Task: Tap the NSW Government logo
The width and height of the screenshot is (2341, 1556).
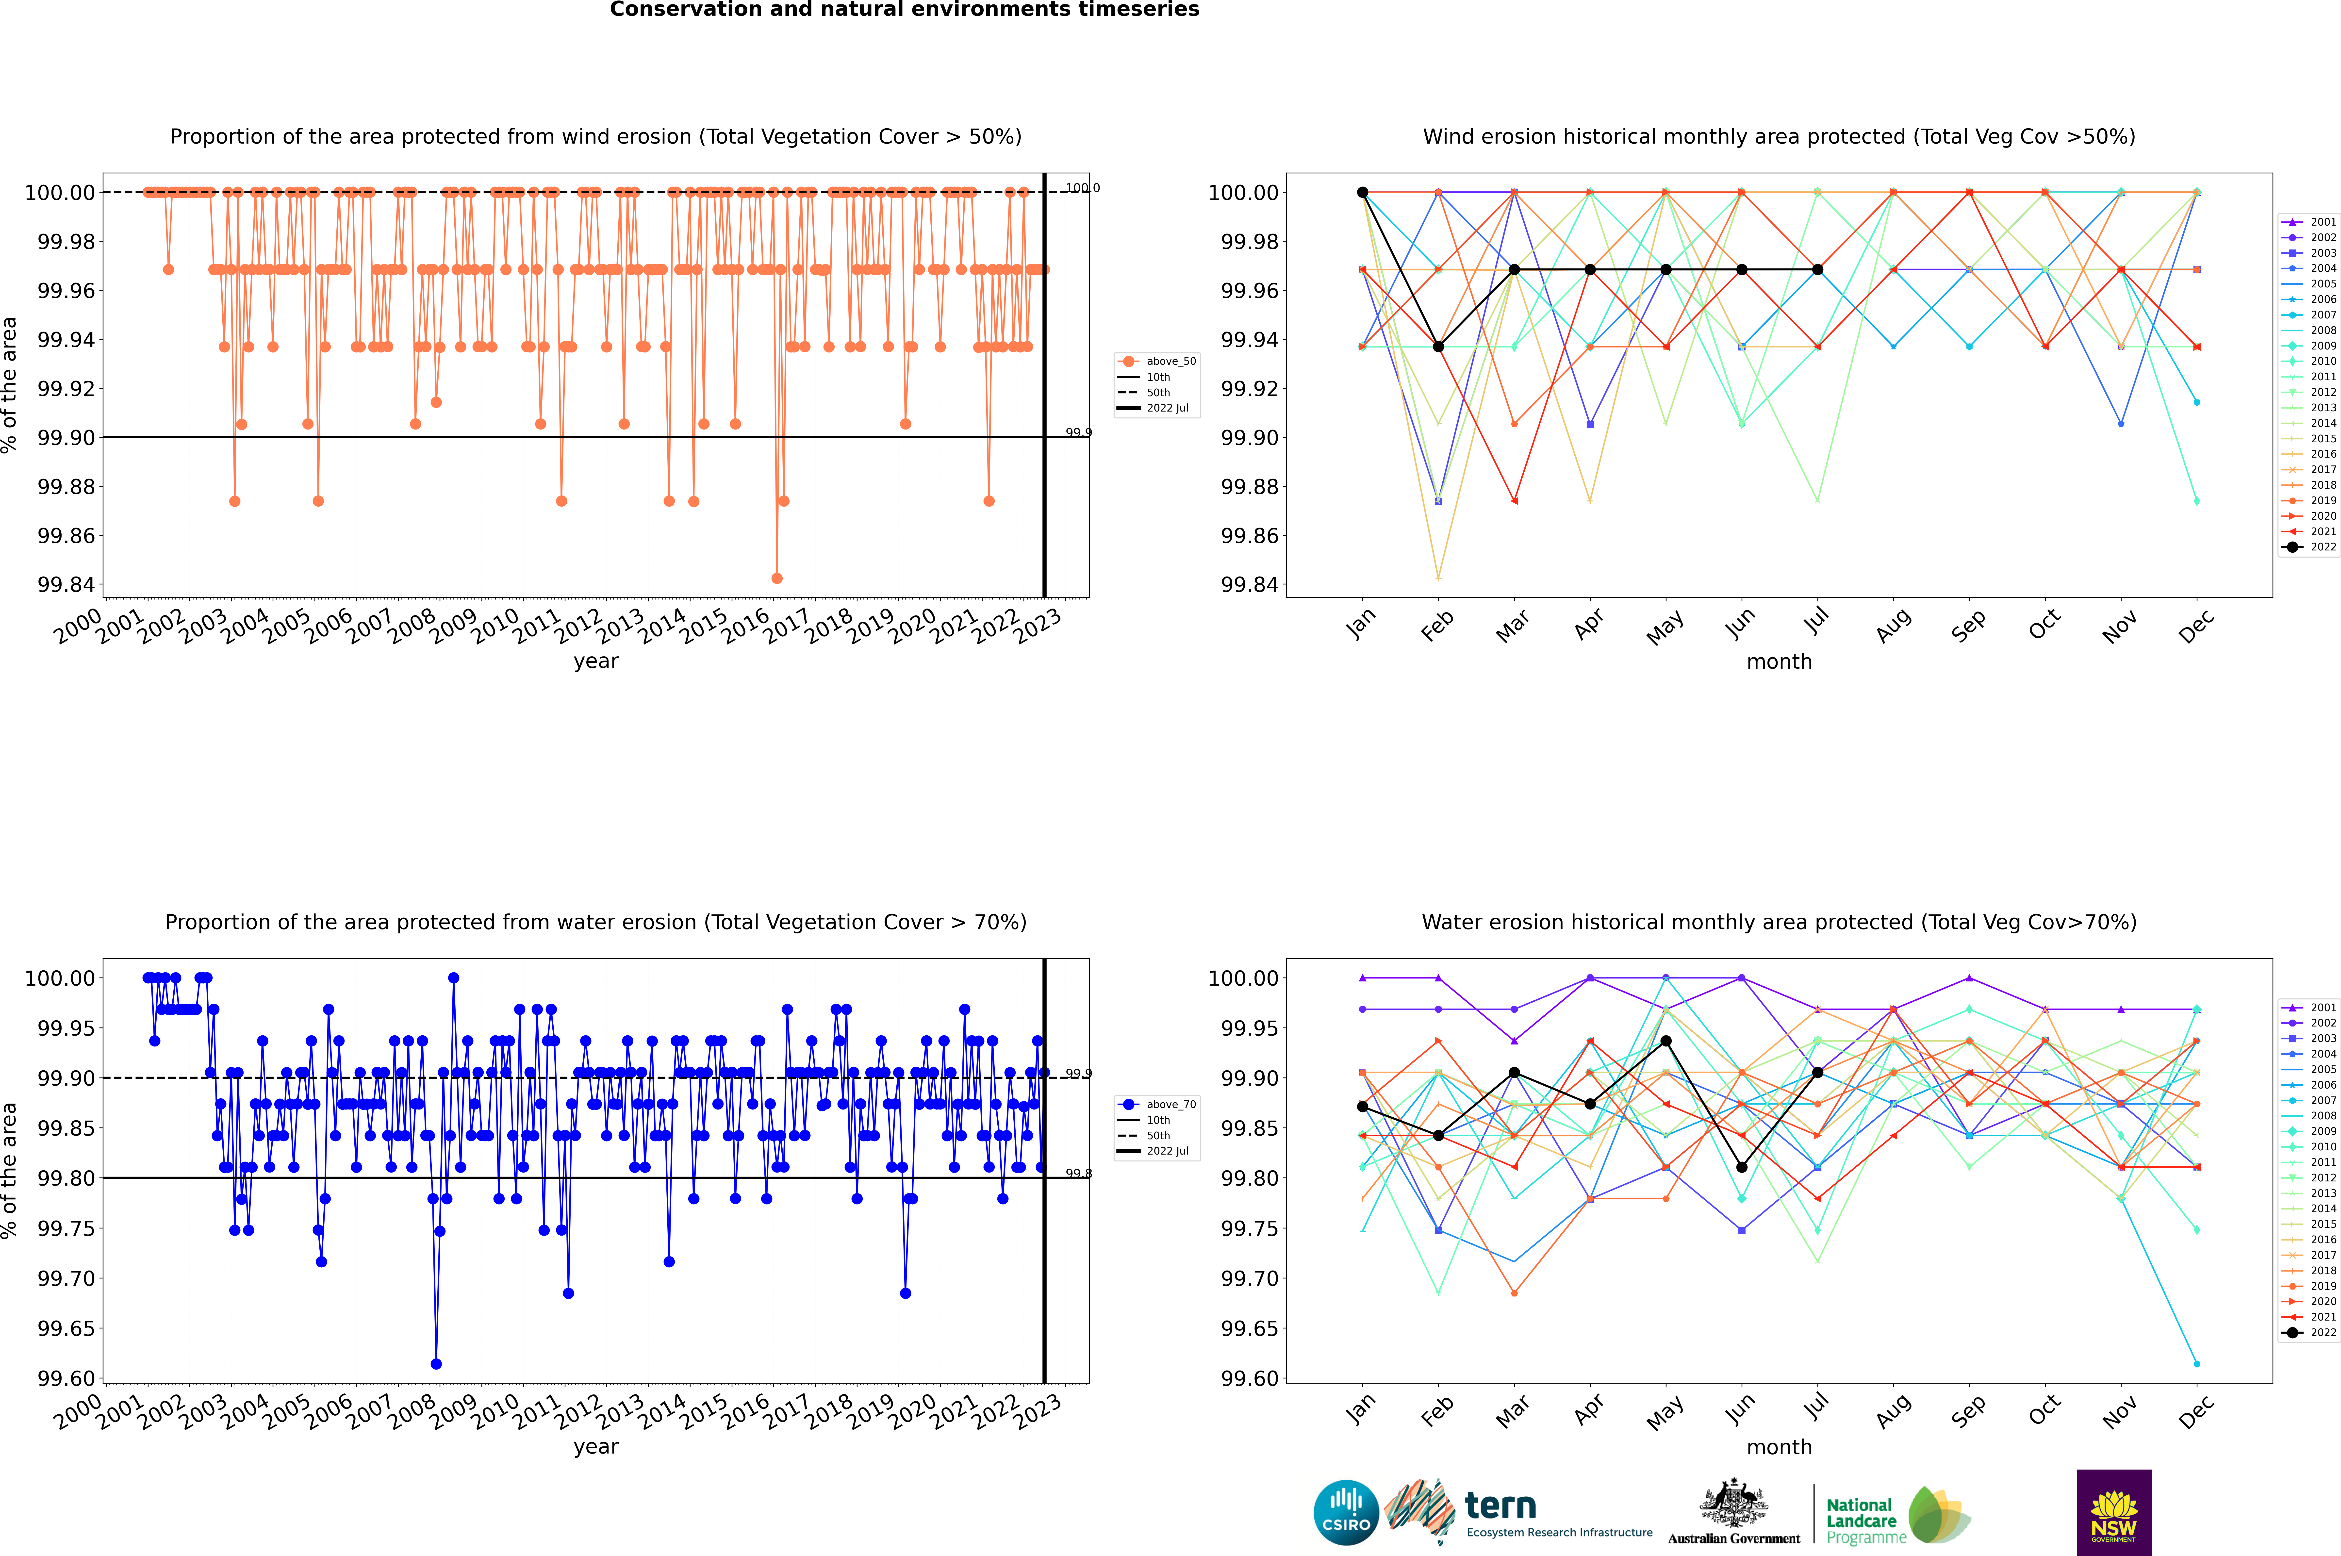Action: click(x=2114, y=1512)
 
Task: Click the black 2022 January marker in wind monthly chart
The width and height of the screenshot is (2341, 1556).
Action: click(x=1363, y=193)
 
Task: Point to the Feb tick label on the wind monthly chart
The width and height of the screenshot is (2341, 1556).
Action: click(x=1437, y=625)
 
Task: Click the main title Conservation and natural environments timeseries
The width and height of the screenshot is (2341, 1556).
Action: click(x=904, y=10)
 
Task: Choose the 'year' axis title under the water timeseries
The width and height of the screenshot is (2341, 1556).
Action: click(x=595, y=1447)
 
